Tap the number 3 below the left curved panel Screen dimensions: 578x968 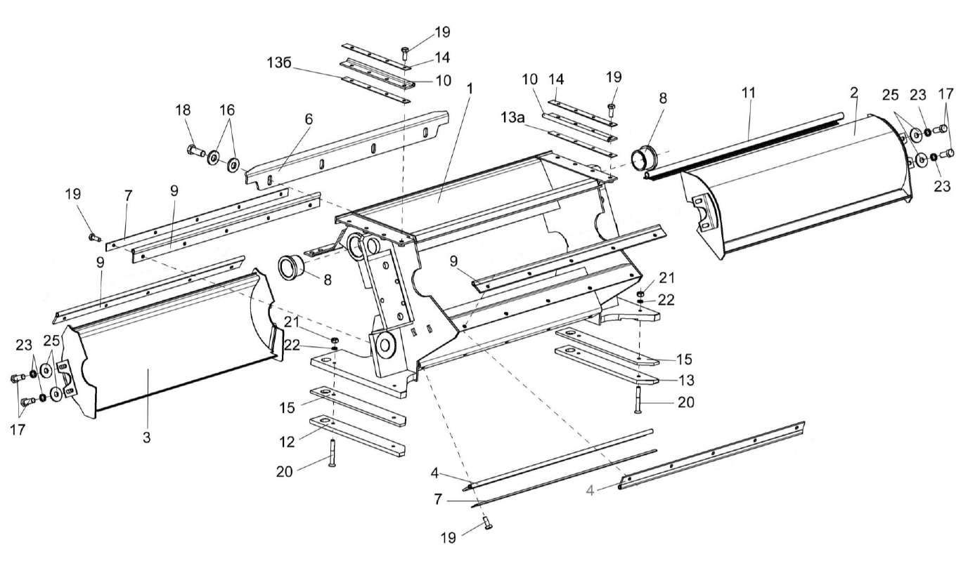pyautogui.click(x=146, y=436)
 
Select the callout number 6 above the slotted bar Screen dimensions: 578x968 pyautogui.click(x=308, y=120)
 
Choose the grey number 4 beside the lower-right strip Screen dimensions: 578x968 pyautogui.click(x=591, y=491)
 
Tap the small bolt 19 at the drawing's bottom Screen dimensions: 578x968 pyautogui.click(x=486, y=523)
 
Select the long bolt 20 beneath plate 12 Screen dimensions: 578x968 pyautogui.click(x=331, y=449)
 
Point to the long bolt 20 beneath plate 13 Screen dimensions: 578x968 pyautogui.click(x=638, y=400)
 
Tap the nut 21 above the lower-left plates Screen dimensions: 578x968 pyautogui.click(x=335, y=341)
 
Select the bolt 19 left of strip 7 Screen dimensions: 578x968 pyautogui.click(x=93, y=238)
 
